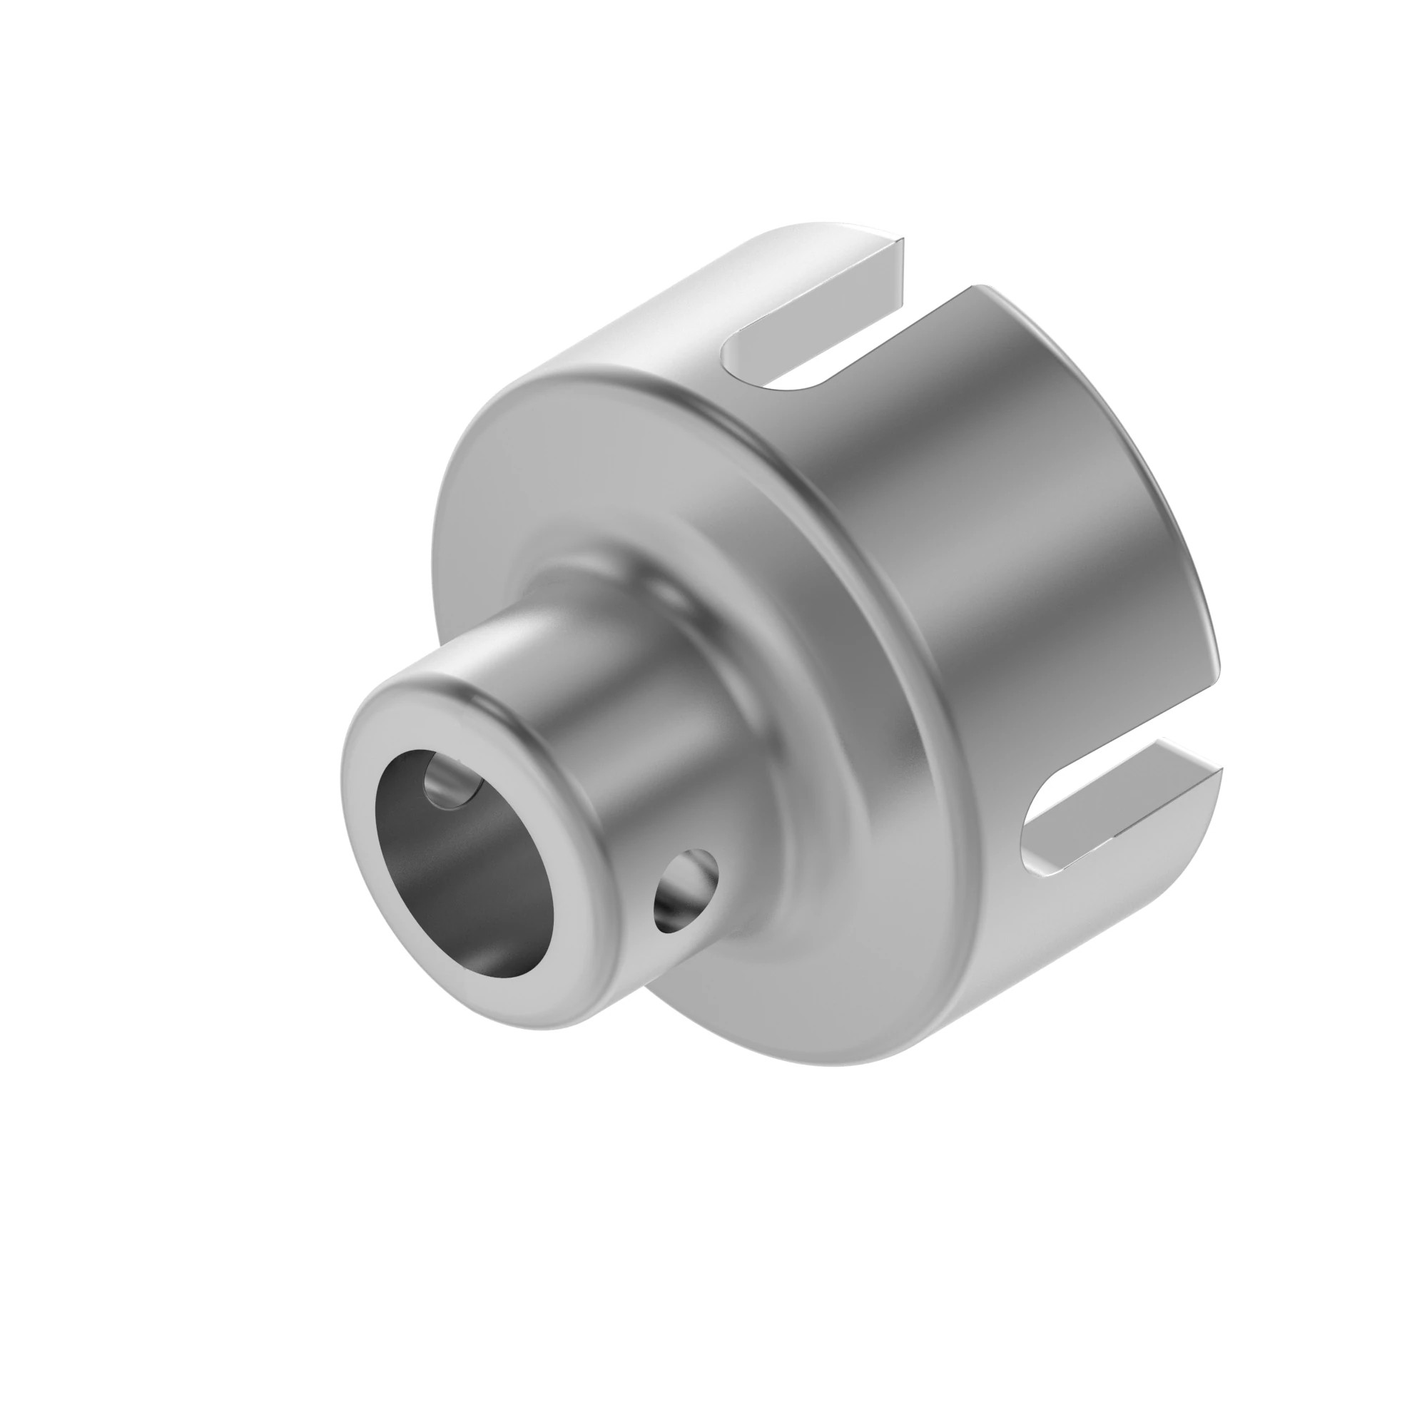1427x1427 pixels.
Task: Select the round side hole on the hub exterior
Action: point(684,889)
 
